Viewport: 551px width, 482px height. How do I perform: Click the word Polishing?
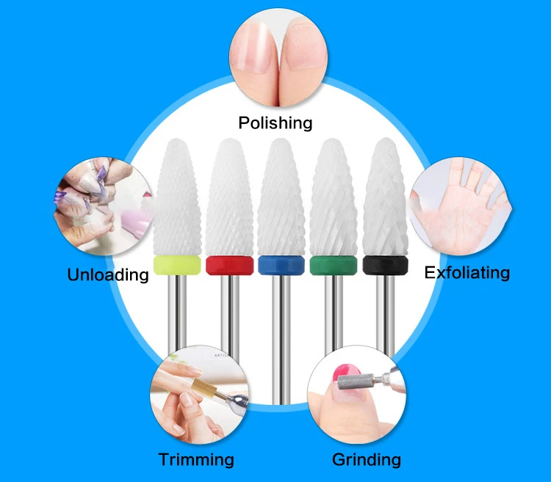(275, 123)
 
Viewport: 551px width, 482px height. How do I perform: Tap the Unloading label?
(108, 274)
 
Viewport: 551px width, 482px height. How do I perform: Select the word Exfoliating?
(467, 273)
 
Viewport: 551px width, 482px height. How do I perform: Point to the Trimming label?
(196, 459)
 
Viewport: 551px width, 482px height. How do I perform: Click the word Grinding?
(367, 459)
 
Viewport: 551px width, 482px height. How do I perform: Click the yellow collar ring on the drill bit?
(177, 265)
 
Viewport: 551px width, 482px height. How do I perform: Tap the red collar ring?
(229, 265)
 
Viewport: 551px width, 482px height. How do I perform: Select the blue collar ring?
(281, 265)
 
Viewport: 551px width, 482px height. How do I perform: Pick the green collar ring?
(334, 266)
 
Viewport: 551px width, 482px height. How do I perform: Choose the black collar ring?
(386, 265)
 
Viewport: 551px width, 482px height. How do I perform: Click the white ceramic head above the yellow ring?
(178, 197)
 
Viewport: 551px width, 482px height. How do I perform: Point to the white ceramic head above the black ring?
(386, 197)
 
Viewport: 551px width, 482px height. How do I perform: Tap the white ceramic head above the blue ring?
(281, 197)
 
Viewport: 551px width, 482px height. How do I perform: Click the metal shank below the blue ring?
(281, 339)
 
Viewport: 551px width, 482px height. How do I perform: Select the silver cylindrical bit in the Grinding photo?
(356, 382)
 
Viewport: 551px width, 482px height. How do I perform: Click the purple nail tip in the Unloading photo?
(101, 174)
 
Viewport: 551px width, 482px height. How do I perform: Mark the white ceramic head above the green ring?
(334, 197)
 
